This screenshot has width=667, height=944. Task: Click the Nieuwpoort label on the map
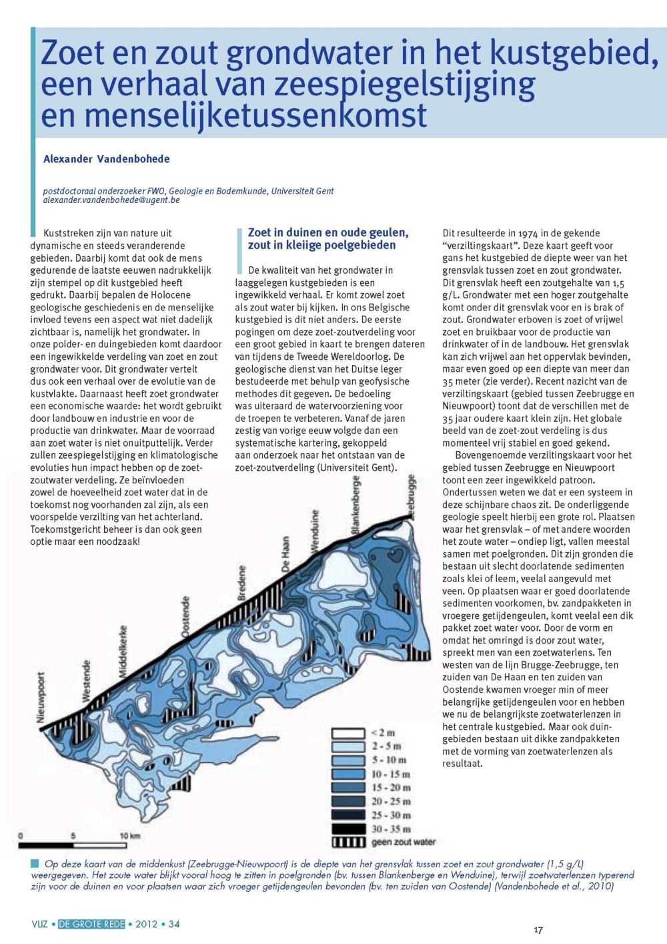tap(41, 698)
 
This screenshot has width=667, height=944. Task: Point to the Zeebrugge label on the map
tap(411, 496)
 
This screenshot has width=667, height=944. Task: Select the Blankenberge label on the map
tap(356, 505)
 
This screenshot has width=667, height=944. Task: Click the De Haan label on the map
tap(285, 554)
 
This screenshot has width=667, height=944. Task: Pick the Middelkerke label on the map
tap(123, 652)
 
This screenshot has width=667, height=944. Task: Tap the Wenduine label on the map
tap(314, 531)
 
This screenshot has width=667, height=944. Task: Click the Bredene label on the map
tap(241, 583)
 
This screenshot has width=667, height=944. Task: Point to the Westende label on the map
tap(86, 680)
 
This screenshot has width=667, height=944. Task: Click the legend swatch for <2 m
tap(348, 733)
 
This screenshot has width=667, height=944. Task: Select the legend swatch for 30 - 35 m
tap(348, 829)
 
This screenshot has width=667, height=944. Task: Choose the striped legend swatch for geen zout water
tap(348, 843)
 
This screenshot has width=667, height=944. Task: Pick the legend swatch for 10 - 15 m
tap(348, 774)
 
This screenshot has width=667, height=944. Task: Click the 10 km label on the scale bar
tap(129, 836)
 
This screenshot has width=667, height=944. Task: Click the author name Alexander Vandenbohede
tap(107, 159)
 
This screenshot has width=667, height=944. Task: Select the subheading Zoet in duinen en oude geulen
tap(327, 233)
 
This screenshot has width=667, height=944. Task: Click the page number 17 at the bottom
tap(538, 930)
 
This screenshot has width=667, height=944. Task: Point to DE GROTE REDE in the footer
tap(91, 924)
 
